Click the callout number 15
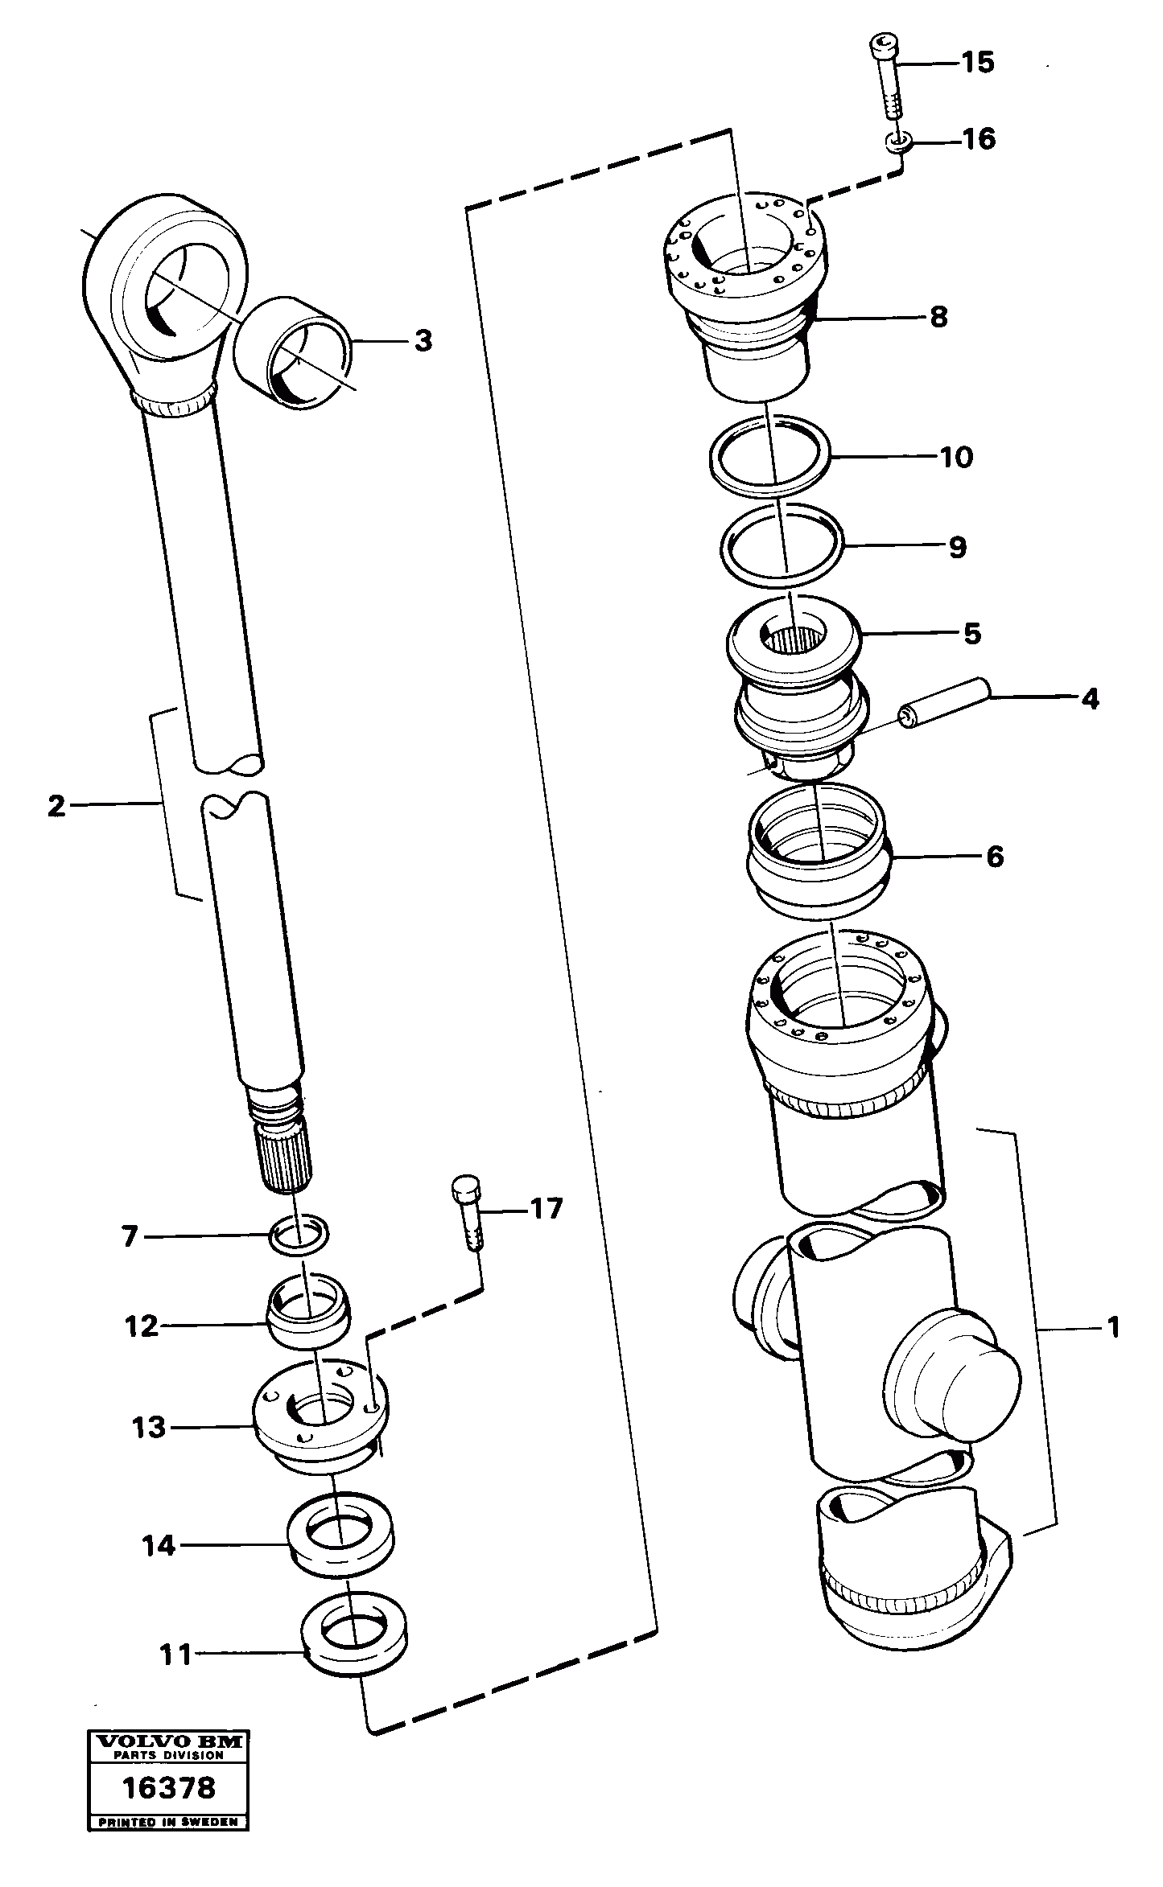(x=978, y=63)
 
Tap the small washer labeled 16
(x=898, y=142)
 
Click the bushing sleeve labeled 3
(x=294, y=352)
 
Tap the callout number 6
(x=995, y=857)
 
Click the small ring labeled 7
(x=300, y=1235)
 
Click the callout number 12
(x=142, y=1326)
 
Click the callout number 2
(x=56, y=805)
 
